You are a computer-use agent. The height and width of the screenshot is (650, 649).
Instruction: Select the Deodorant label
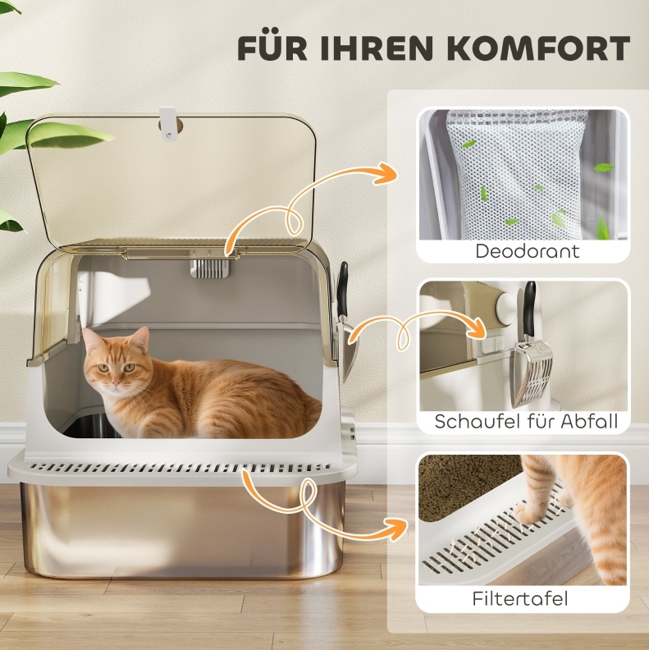527,251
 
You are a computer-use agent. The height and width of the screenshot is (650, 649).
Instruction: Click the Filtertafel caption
519,598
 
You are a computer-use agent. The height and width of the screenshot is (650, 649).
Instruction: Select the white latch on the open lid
169,125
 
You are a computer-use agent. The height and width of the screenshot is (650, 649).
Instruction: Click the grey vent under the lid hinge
209,268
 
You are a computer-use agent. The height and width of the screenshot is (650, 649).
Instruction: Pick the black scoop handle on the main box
343,290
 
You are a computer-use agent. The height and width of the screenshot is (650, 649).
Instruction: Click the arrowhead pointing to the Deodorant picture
385,175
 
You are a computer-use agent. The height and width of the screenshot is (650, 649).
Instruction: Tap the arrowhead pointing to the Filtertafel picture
395,529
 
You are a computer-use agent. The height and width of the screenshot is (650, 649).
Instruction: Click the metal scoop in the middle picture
532,374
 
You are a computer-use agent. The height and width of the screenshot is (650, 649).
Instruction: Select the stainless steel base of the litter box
183,531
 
